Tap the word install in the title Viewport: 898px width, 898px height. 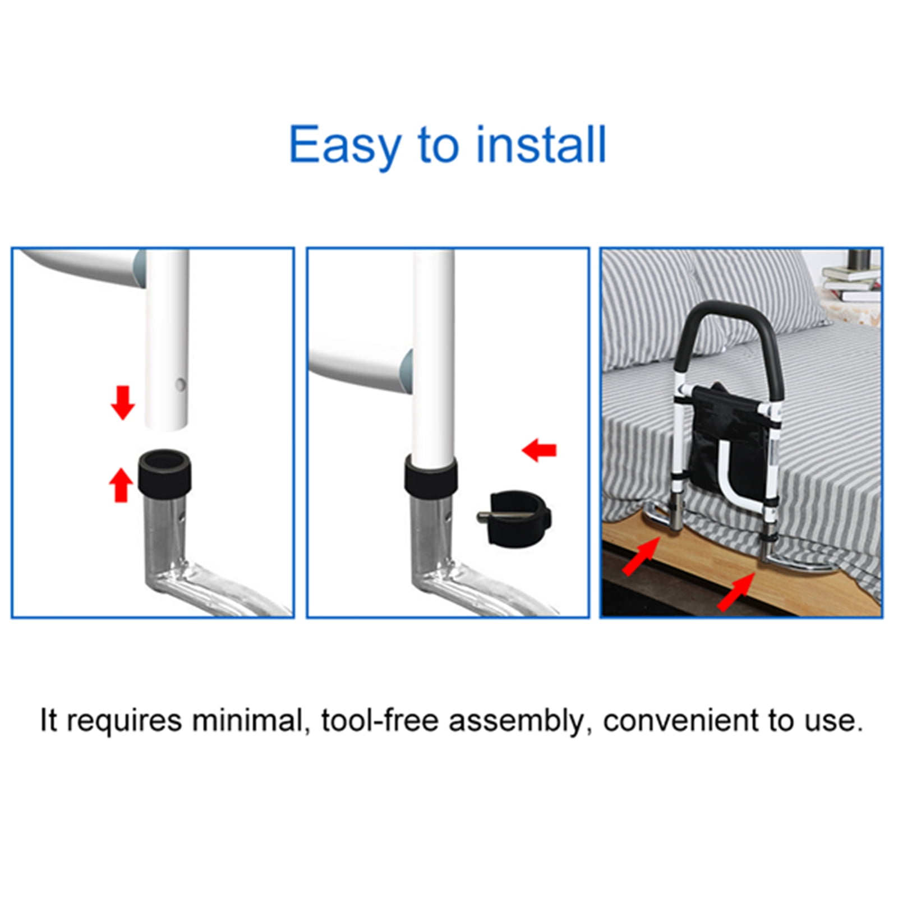pos(541,145)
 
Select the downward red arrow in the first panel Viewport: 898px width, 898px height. pos(122,402)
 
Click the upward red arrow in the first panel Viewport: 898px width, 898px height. pos(120,485)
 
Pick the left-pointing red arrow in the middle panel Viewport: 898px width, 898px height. pos(539,450)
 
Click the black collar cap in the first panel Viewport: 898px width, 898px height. pos(165,473)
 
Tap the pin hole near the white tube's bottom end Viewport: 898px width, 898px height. pos(180,385)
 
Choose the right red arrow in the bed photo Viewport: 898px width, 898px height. pos(735,592)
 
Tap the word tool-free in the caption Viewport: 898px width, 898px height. pos(379,720)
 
